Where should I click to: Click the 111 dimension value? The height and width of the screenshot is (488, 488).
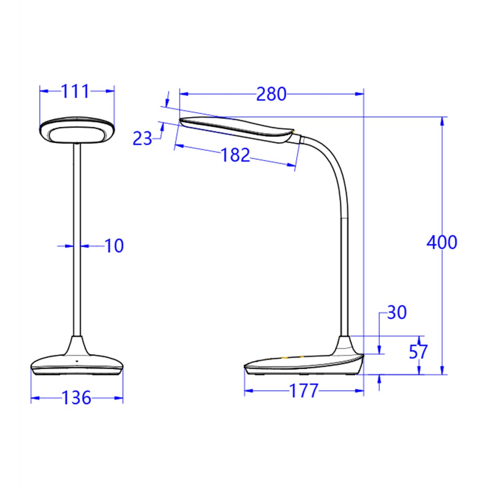click(75, 92)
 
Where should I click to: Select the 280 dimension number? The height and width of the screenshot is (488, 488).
click(271, 94)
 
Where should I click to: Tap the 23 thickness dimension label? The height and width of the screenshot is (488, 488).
click(142, 139)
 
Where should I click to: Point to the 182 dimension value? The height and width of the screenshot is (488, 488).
click(235, 155)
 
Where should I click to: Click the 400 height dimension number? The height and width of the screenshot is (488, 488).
click(442, 243)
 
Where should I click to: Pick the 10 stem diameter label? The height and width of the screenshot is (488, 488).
click(114, 246)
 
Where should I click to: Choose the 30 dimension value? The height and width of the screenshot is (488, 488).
click(396, 313)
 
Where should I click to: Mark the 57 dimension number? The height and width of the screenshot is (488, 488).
click(418, 352)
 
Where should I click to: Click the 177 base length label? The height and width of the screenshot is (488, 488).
click(303, 391)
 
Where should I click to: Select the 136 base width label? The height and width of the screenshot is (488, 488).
click(76, 398)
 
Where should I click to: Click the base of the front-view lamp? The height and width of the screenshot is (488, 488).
click(77, 364)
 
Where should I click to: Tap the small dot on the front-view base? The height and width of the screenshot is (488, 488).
click(76, 360)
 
